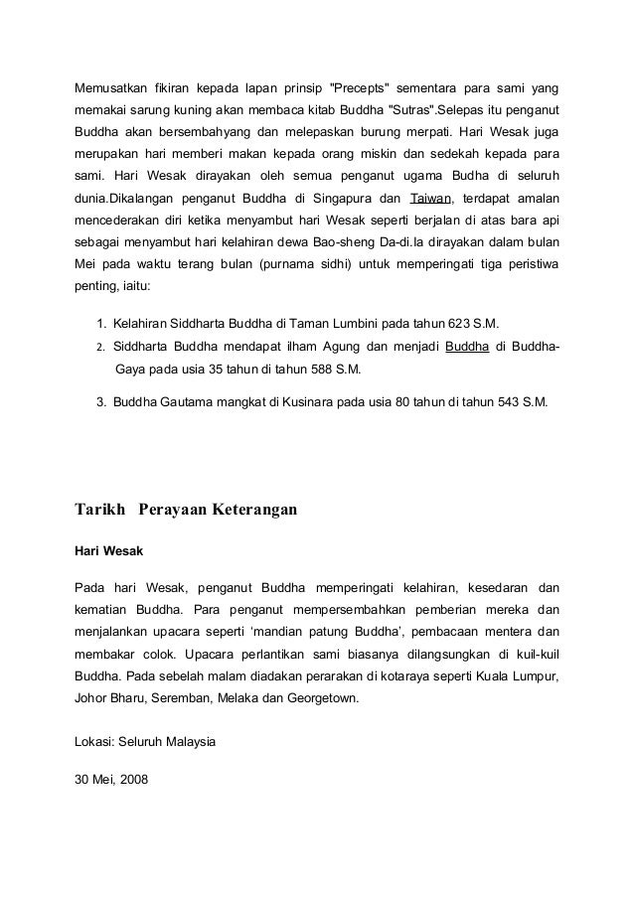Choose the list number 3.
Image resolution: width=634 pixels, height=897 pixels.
(101, 403)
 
